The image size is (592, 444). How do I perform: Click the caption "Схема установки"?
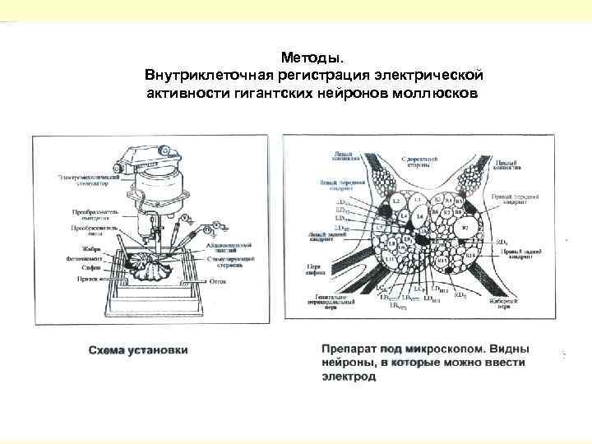coord(138,349)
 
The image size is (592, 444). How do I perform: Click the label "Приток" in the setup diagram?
coord(90,279)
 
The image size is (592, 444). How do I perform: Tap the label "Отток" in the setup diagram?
coord(218,280)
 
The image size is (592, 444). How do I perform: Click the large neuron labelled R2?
coord(465,225)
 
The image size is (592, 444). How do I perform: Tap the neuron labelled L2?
coord(395,201)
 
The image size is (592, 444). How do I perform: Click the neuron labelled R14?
coord(469,256)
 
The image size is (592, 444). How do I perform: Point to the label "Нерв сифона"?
coord(317,271)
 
